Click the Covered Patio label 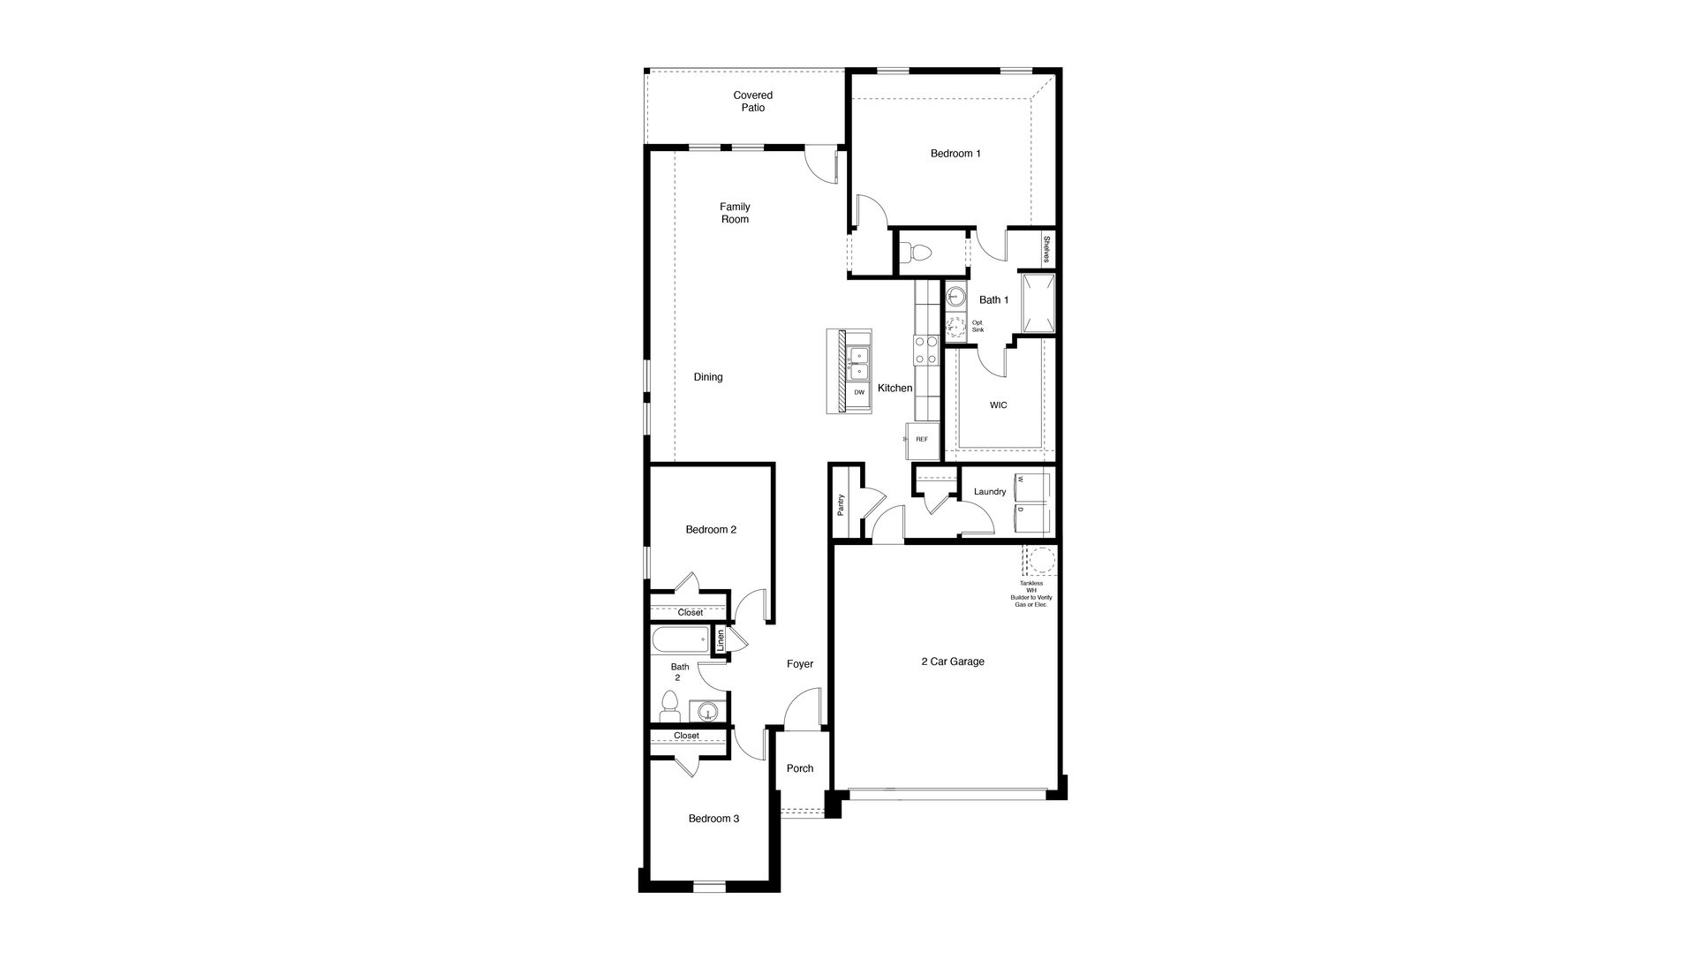click(752, 102)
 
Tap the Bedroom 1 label click(955, 154)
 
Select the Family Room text click(735, 213)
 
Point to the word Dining click(708, 377)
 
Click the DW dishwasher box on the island click(859, 392)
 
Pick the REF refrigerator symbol click(922, 440)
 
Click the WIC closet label click(998, 405)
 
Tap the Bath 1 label click(993, 300)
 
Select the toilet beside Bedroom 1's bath click(918, 253)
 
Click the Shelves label click(1046, 249)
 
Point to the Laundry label click(990, 492)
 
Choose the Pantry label click(841, 505)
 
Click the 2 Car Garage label click(953, 661)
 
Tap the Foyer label click(800, 664)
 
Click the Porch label click(800, 768)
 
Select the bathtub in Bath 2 click(680, 639)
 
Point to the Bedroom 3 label click(713, 819)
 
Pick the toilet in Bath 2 click(669, 707)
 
